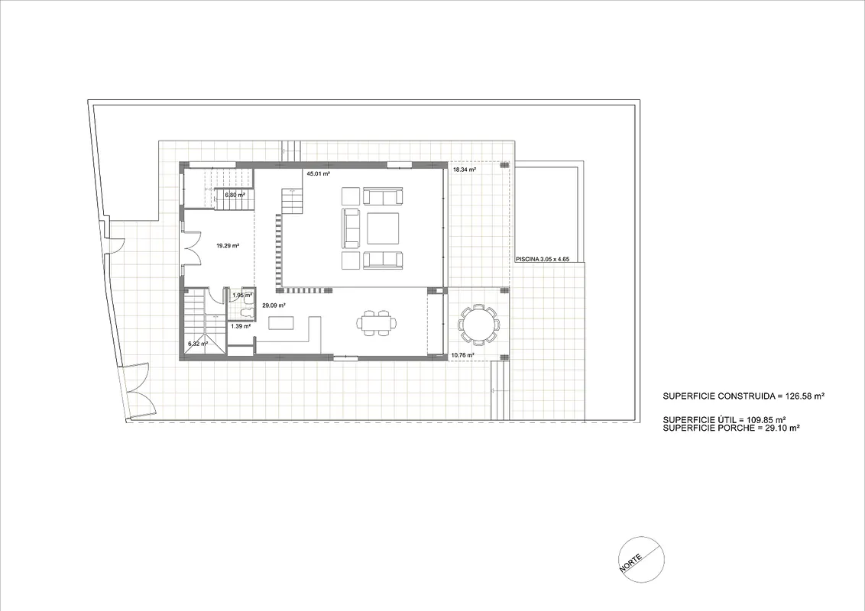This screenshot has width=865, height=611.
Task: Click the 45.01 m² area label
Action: click(x=319, y=173)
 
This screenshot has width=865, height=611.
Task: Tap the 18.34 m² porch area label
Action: click(x=465, y=170)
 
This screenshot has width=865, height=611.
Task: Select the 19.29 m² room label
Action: click(x=228, y=246)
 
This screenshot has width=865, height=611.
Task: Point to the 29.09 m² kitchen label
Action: click(x=274, y=305)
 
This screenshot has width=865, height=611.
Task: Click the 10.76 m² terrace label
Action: click(x=463, y=355)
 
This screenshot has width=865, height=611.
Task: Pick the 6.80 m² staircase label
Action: click(x=235, y=195)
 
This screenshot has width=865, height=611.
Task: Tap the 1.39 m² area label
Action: click(x=241, y=326)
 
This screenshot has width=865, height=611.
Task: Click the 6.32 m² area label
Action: click(x=198, y=344)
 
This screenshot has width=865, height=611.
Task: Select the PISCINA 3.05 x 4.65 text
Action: click(x=543, y=259)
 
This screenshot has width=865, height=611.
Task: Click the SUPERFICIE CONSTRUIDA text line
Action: click(x=744, y=396)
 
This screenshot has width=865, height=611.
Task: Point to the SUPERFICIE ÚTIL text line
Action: click(x=724, y=419)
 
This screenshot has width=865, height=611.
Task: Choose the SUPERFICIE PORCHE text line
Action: click(x=731, y=428)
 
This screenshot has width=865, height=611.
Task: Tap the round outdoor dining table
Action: click(x=479, y=325)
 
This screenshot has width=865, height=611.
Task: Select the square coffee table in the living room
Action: click(x=383, y=228)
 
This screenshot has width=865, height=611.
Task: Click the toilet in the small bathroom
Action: click(x=247, y=313)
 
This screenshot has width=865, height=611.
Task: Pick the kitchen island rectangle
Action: click(x=281, y=322)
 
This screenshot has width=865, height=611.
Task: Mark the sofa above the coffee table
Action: click(x=382, y=196)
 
